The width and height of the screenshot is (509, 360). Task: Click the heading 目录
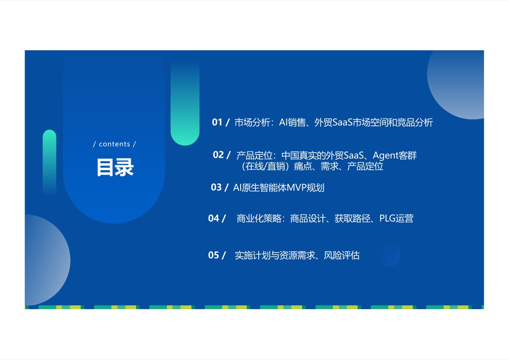(x=115, y=167)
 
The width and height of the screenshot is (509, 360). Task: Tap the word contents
(x=115, y=144)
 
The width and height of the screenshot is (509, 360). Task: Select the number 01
(x=217, y=122)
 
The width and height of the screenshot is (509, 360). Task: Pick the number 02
(x=218, y=155)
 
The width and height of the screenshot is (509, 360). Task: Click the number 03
(x=216, y=187)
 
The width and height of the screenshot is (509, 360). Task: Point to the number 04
(x=213, y=218)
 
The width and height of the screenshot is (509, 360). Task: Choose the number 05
(x=213, y=255)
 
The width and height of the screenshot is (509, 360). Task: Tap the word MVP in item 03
(x=296, y=188)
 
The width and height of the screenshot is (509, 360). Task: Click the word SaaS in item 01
(x=342, y=123)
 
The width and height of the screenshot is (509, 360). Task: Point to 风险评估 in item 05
(x=341, y=256)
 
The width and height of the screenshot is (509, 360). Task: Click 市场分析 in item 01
(x=252, y=123)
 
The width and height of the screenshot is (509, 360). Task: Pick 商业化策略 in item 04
(x=259, y=219)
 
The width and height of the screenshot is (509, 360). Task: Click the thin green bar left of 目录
(x=50, y=163)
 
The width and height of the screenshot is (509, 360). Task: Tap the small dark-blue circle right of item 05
(x=389, y=255)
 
